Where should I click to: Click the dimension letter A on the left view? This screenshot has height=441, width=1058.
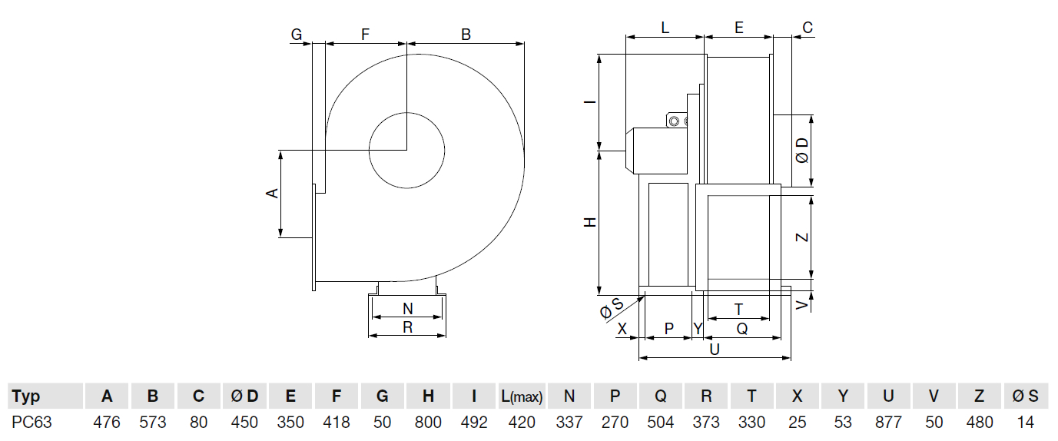pos(272,192)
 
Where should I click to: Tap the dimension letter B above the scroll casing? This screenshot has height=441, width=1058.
pos(466,34)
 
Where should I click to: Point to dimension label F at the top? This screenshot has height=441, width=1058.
pos(366,34)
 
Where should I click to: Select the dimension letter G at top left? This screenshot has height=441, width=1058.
pos(297,34)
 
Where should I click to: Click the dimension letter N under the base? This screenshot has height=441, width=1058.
pos(408,309)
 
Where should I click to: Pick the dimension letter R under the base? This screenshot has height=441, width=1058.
pos(408,327)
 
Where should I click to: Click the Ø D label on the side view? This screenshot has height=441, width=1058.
pos(802,151)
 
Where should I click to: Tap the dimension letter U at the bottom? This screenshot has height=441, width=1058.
pos(715,349)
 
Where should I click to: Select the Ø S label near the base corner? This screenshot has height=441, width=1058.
pos(612,309)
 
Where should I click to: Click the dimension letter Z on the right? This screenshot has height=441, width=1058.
pos(802,237)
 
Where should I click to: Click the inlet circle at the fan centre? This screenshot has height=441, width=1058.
pos(407,150)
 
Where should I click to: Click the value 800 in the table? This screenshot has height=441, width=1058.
pos(428,422)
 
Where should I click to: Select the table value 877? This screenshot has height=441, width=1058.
pos(888,422)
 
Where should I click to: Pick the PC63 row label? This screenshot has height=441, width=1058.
pos(32,422)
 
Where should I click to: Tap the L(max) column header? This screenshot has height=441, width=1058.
pos(522,396)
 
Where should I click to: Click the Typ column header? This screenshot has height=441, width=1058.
pos(26,396)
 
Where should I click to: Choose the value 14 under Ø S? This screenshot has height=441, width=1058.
pos(1025,422)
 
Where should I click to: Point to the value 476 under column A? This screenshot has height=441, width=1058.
pos(107,422)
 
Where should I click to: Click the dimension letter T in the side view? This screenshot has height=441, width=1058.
pos(738,309)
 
